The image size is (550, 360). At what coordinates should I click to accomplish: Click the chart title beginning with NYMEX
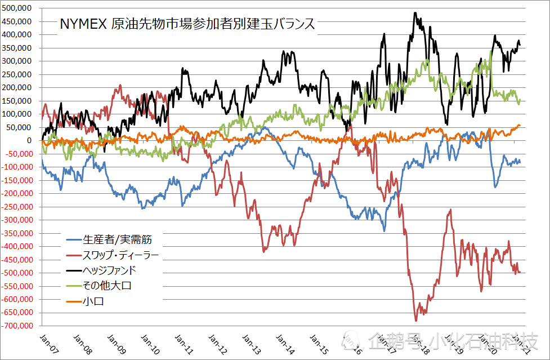point(187,25)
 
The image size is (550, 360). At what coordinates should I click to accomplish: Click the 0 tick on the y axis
point(33,140)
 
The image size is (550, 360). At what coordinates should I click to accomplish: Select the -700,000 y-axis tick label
point(17,326)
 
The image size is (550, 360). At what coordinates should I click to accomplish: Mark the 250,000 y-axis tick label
point(17,74)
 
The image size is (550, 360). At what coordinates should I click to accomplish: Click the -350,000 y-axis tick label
point(17,233)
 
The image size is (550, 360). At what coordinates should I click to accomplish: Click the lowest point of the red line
point(416,321)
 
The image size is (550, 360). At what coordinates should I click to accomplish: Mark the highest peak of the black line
point(415,12)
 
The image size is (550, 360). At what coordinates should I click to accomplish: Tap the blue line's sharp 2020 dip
point(495,186)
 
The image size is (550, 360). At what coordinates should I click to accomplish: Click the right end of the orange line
point(520,125)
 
